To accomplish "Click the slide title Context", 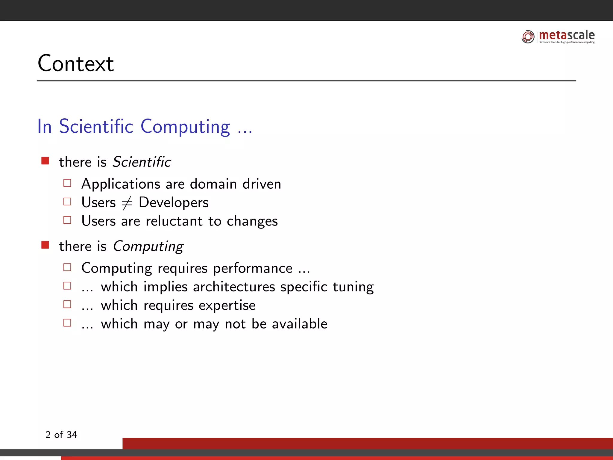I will point(76,63).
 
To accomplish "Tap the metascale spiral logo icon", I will point(528,37).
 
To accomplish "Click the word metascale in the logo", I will point(567,35).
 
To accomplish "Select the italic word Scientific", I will point(142,162).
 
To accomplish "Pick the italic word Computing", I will point(148,246).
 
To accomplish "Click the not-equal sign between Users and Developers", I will point(127,203).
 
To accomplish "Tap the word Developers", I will point(174,202).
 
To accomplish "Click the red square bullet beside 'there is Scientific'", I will point(45,161).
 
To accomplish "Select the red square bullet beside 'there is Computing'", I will point(45,245).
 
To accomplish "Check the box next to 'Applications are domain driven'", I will point(67,183).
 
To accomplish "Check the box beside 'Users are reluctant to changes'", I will point(67,220).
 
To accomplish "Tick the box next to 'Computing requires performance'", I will point(67,267).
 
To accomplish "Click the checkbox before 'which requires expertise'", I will point(67,304).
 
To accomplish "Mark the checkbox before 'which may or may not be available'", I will point(67,323).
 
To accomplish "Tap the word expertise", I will point(227,305).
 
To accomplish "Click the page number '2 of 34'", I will point(61,435).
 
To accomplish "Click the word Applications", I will point(121,184).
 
